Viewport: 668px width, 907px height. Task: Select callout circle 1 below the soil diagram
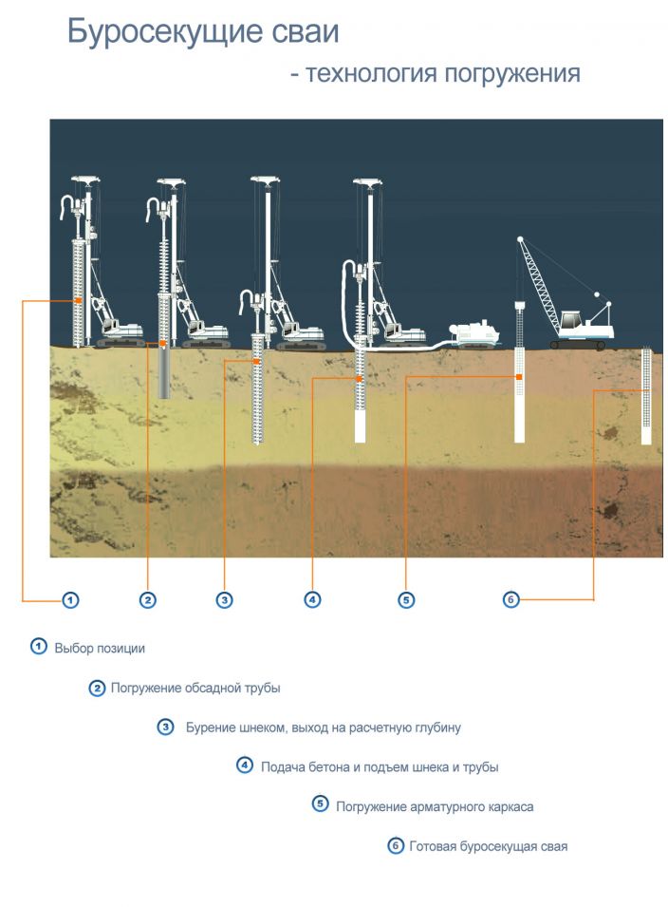[70, 600]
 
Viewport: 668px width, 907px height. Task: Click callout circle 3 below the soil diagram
[224, 600]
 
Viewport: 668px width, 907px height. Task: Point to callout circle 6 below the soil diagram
[510, 599]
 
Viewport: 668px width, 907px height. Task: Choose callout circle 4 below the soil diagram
[312, 600]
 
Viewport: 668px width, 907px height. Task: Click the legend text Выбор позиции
[100, 649]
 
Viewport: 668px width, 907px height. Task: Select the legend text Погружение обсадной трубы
[195, 689]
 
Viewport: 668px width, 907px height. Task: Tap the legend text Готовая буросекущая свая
[489, 847]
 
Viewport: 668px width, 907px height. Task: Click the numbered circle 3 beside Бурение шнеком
[166, 727]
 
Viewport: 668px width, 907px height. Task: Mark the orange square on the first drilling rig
[78, 301]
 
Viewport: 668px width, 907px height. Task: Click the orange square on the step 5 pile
[519, 377]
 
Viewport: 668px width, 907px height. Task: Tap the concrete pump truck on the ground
[473, 334]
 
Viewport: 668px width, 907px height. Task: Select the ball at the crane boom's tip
[520, 239]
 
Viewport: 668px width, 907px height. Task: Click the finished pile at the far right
[646, 396]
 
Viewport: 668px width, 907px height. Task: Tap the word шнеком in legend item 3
[262, 727]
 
